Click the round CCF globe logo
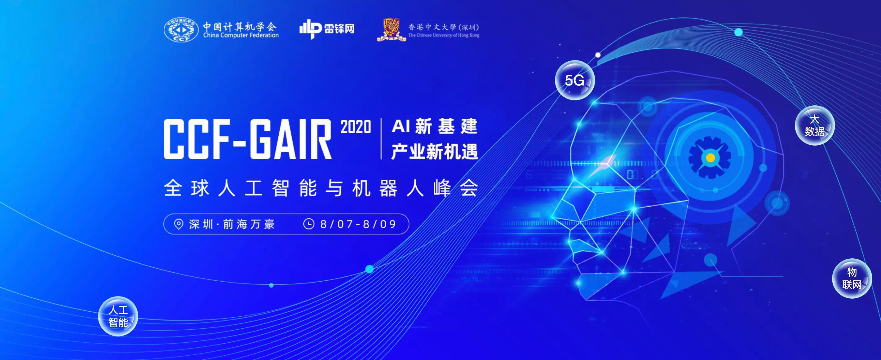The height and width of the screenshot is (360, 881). pos(181,30)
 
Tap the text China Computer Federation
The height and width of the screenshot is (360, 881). pos(241,35)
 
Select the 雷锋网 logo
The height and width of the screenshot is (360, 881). pos(327,29)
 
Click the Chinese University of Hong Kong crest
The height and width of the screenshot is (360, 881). pos(391,30)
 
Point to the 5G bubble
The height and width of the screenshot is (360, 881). pos(574,80)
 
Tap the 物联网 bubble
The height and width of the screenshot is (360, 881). pos(852,278)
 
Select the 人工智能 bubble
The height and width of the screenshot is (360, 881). pos(118,316)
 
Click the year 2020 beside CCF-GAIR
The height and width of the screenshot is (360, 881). pos(356,127)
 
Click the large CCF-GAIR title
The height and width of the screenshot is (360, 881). pos(248,139)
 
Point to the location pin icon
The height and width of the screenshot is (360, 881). pos(178,224)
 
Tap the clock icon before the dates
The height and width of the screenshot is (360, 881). pos(308,224)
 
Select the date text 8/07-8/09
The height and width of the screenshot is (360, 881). pos(358,224)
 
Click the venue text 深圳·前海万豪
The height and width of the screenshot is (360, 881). pos(232,224)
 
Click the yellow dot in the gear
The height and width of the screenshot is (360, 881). pos(710,158)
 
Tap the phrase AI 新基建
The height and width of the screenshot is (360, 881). pos(434,126)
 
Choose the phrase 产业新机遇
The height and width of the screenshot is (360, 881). pos(434,151)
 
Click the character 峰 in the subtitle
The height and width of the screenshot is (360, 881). pos(442,188)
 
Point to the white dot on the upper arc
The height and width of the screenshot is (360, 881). pos(598,55)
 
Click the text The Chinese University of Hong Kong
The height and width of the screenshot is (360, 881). pos(444,35)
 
